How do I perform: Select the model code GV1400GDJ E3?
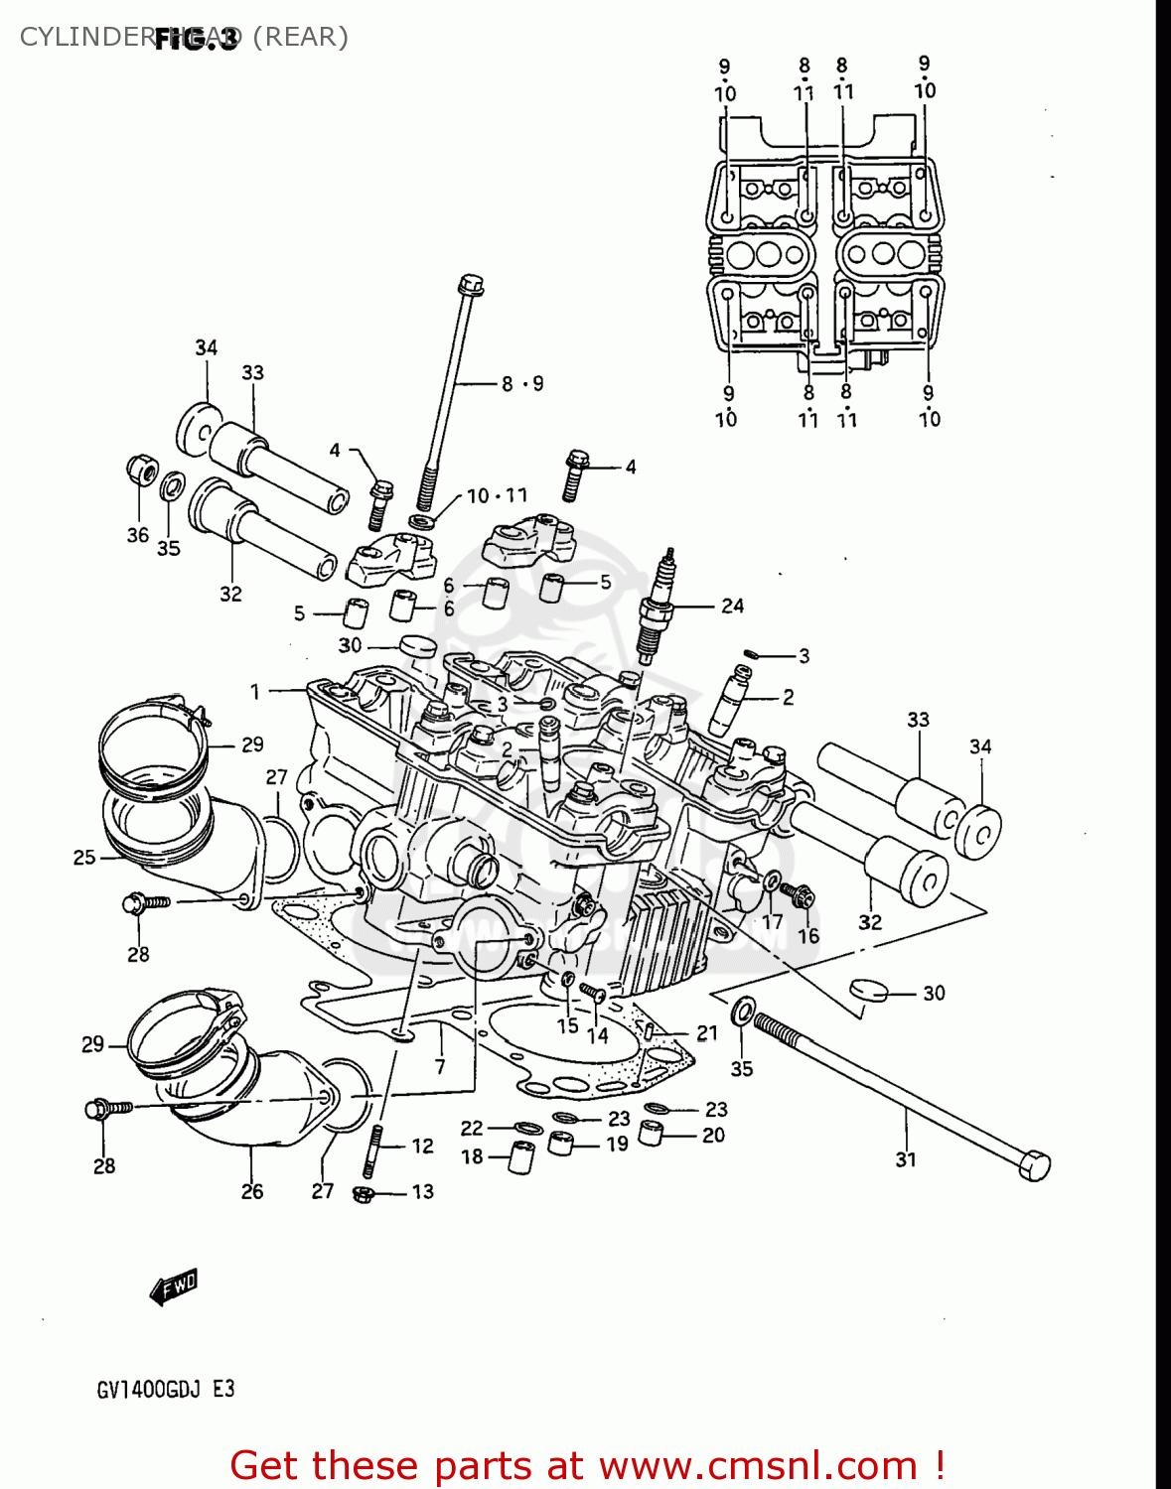[x=166, y=1389]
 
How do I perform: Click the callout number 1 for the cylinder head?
[x=255, y=691]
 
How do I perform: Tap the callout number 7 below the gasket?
[x=440, y=1067]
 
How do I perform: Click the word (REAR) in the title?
[x=300, y=37]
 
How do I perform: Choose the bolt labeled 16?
[x=798, y=895]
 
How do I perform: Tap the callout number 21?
[x=706, y=1033]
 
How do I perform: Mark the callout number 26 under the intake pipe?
[x=252, y=1190]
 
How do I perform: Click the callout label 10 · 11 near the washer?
[x=497, y=495]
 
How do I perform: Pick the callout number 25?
[x=84, y=857]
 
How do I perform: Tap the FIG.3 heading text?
[x=196, y=39]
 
